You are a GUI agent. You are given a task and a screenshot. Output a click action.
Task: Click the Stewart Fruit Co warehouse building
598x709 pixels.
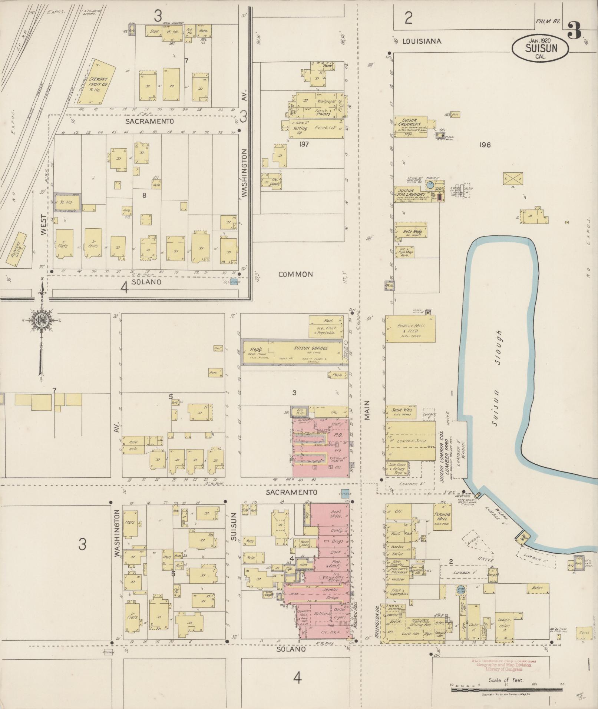pyautogui.click(x=96, y=81)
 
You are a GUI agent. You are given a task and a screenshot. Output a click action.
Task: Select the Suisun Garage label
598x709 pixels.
pyautogui.click(x=304, y=348)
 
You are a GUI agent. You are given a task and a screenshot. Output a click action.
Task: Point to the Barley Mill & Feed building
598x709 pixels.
pyautogui.click(x=410, y=329)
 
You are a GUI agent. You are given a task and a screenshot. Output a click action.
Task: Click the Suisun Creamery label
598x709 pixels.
pyautogui.click(x=409, y=122)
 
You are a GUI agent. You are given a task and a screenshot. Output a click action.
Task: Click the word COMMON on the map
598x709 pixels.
pyautogui.click(x=295, y=274)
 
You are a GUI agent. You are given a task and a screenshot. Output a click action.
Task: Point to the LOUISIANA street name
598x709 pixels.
pyautogui.click(x=422, y=41)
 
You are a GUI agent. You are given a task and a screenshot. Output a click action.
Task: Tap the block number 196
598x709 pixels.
pyautogui.click(x=485, y=145)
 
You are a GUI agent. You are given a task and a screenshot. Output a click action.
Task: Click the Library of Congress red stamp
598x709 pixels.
pyautogui.click(x=504, y=665)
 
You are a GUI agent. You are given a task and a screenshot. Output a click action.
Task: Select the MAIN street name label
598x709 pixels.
pyautogui.click(x=367, y=411)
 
